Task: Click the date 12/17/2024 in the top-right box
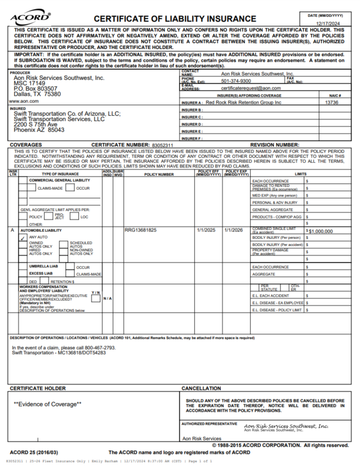[x=328, y=23]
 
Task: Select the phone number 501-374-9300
[x=236, y=81]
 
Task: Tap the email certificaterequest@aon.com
[x=251, y=88]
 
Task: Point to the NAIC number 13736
[x=331, y=103]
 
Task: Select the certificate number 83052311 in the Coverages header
[x=162, y=145]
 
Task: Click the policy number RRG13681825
[x=140, y=231]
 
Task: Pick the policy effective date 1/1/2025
[x=206, y=231]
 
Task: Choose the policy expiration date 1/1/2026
[x=234, y=231]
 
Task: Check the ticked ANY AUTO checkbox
[x=23, y=239]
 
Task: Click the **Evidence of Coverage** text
[x=47, y=404]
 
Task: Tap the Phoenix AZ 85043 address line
[x=39, y=130]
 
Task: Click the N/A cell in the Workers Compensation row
[x=107, y=298]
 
